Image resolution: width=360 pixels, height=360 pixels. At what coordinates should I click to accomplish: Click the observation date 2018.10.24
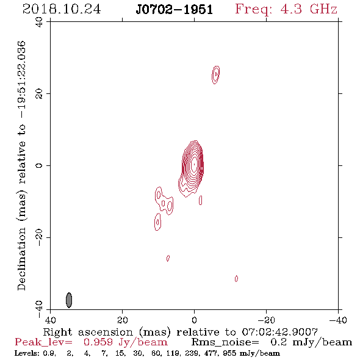62,9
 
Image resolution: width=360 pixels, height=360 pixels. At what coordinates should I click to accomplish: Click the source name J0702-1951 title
175,10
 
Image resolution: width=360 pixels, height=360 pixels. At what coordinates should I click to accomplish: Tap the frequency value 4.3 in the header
291,9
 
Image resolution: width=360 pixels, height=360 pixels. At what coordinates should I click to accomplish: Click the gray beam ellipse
69,300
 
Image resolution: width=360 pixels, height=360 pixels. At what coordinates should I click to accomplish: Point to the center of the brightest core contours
194,164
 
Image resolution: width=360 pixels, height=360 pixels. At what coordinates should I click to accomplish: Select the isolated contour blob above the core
215,75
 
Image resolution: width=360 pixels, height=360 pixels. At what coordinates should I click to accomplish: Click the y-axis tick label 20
39,94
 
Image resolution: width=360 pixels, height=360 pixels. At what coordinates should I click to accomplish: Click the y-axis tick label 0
39,165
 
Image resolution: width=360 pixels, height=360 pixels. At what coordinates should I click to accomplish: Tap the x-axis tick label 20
122,320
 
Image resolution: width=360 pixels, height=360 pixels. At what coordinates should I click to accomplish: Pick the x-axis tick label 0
194,320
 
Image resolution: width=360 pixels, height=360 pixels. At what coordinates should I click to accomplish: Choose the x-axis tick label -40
338,320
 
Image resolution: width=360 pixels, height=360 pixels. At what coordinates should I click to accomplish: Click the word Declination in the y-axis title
21,259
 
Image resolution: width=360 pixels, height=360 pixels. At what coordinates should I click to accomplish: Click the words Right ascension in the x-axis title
88,332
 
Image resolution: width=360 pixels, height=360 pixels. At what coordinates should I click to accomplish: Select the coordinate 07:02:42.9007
279,332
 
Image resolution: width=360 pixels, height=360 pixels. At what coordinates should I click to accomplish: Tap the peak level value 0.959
98,342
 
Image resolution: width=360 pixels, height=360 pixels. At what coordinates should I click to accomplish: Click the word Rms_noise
225,342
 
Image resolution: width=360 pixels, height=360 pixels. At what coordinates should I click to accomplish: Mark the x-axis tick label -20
266,320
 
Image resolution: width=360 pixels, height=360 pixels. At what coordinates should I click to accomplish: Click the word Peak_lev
43,342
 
